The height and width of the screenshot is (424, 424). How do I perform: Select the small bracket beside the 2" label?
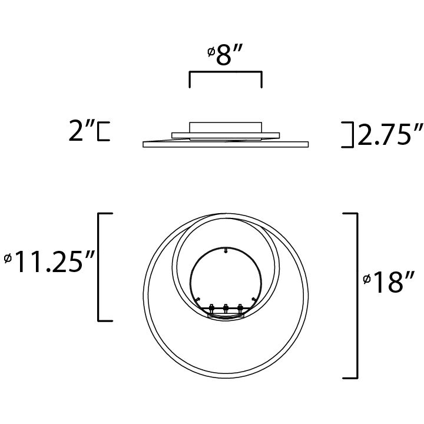(104, 131)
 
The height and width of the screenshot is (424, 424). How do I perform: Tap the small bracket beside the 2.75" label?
(349, 134)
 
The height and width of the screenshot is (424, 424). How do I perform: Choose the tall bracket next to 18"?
(353, 294)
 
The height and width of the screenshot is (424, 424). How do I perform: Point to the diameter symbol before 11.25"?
(8, 259)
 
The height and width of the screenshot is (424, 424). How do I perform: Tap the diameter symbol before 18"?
(366, 280)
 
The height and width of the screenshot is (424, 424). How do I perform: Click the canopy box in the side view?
(225, 127)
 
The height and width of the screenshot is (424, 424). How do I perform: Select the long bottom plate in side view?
(226, 144)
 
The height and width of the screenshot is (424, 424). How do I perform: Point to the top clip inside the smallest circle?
(226, 251)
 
